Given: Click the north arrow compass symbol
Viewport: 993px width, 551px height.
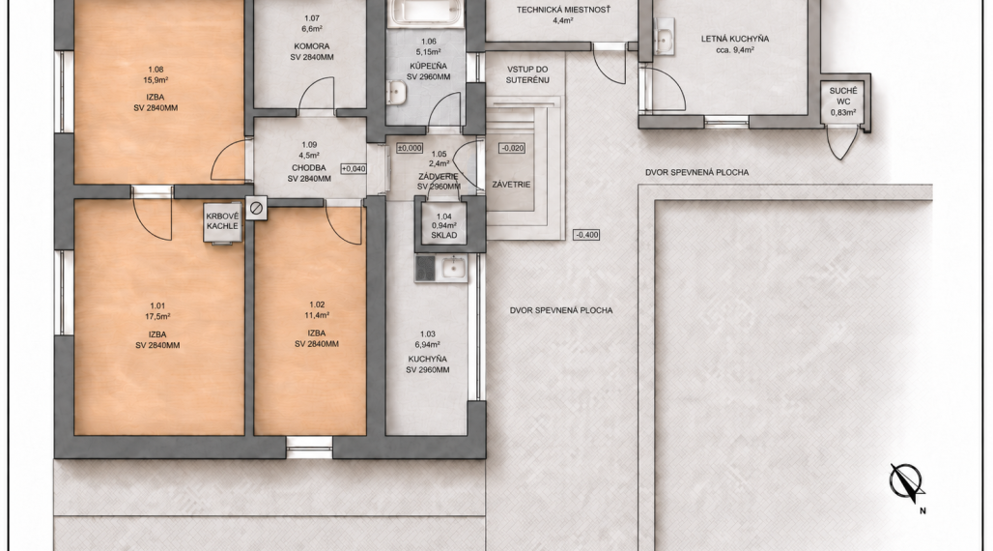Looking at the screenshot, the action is tap(906, 482).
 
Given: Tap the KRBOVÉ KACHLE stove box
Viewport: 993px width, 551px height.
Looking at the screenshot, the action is tap(222, 222).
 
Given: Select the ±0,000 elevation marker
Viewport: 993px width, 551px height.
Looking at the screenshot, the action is tap(410, 148).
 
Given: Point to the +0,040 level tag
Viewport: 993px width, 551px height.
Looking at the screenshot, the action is tap(354, 168).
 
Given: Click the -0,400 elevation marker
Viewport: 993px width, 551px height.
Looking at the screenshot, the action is tap(586, 235).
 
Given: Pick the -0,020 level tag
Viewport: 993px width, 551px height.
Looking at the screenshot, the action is tap(512, 148).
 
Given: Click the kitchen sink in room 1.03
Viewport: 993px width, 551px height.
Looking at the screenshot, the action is tap(453, 268).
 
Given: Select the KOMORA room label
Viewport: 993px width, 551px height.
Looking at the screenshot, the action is tap(312, 46).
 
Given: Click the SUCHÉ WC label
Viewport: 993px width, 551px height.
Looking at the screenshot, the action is tap(843, 97).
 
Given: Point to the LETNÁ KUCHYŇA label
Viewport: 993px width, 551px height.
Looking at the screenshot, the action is tap(735, 39).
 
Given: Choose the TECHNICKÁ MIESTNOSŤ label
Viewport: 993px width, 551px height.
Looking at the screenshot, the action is tap(563, 10).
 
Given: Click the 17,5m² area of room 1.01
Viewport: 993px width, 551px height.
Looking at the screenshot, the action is tap(157, 316).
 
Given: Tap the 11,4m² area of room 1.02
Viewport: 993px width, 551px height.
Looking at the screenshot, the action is tap(317, 315).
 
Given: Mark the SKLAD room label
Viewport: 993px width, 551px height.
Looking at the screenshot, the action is tap(444, 235).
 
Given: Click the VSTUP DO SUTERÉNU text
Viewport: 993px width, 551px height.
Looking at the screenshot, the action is tap(527, 74).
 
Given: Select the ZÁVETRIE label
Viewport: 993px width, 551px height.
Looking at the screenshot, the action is tap(511, 185).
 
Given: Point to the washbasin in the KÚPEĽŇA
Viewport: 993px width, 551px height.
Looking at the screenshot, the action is tap(396, 93).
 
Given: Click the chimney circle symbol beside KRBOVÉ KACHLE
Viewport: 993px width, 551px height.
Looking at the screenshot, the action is tap(256, 207).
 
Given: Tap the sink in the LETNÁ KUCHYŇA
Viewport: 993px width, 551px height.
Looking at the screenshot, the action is tap(664, 37).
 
